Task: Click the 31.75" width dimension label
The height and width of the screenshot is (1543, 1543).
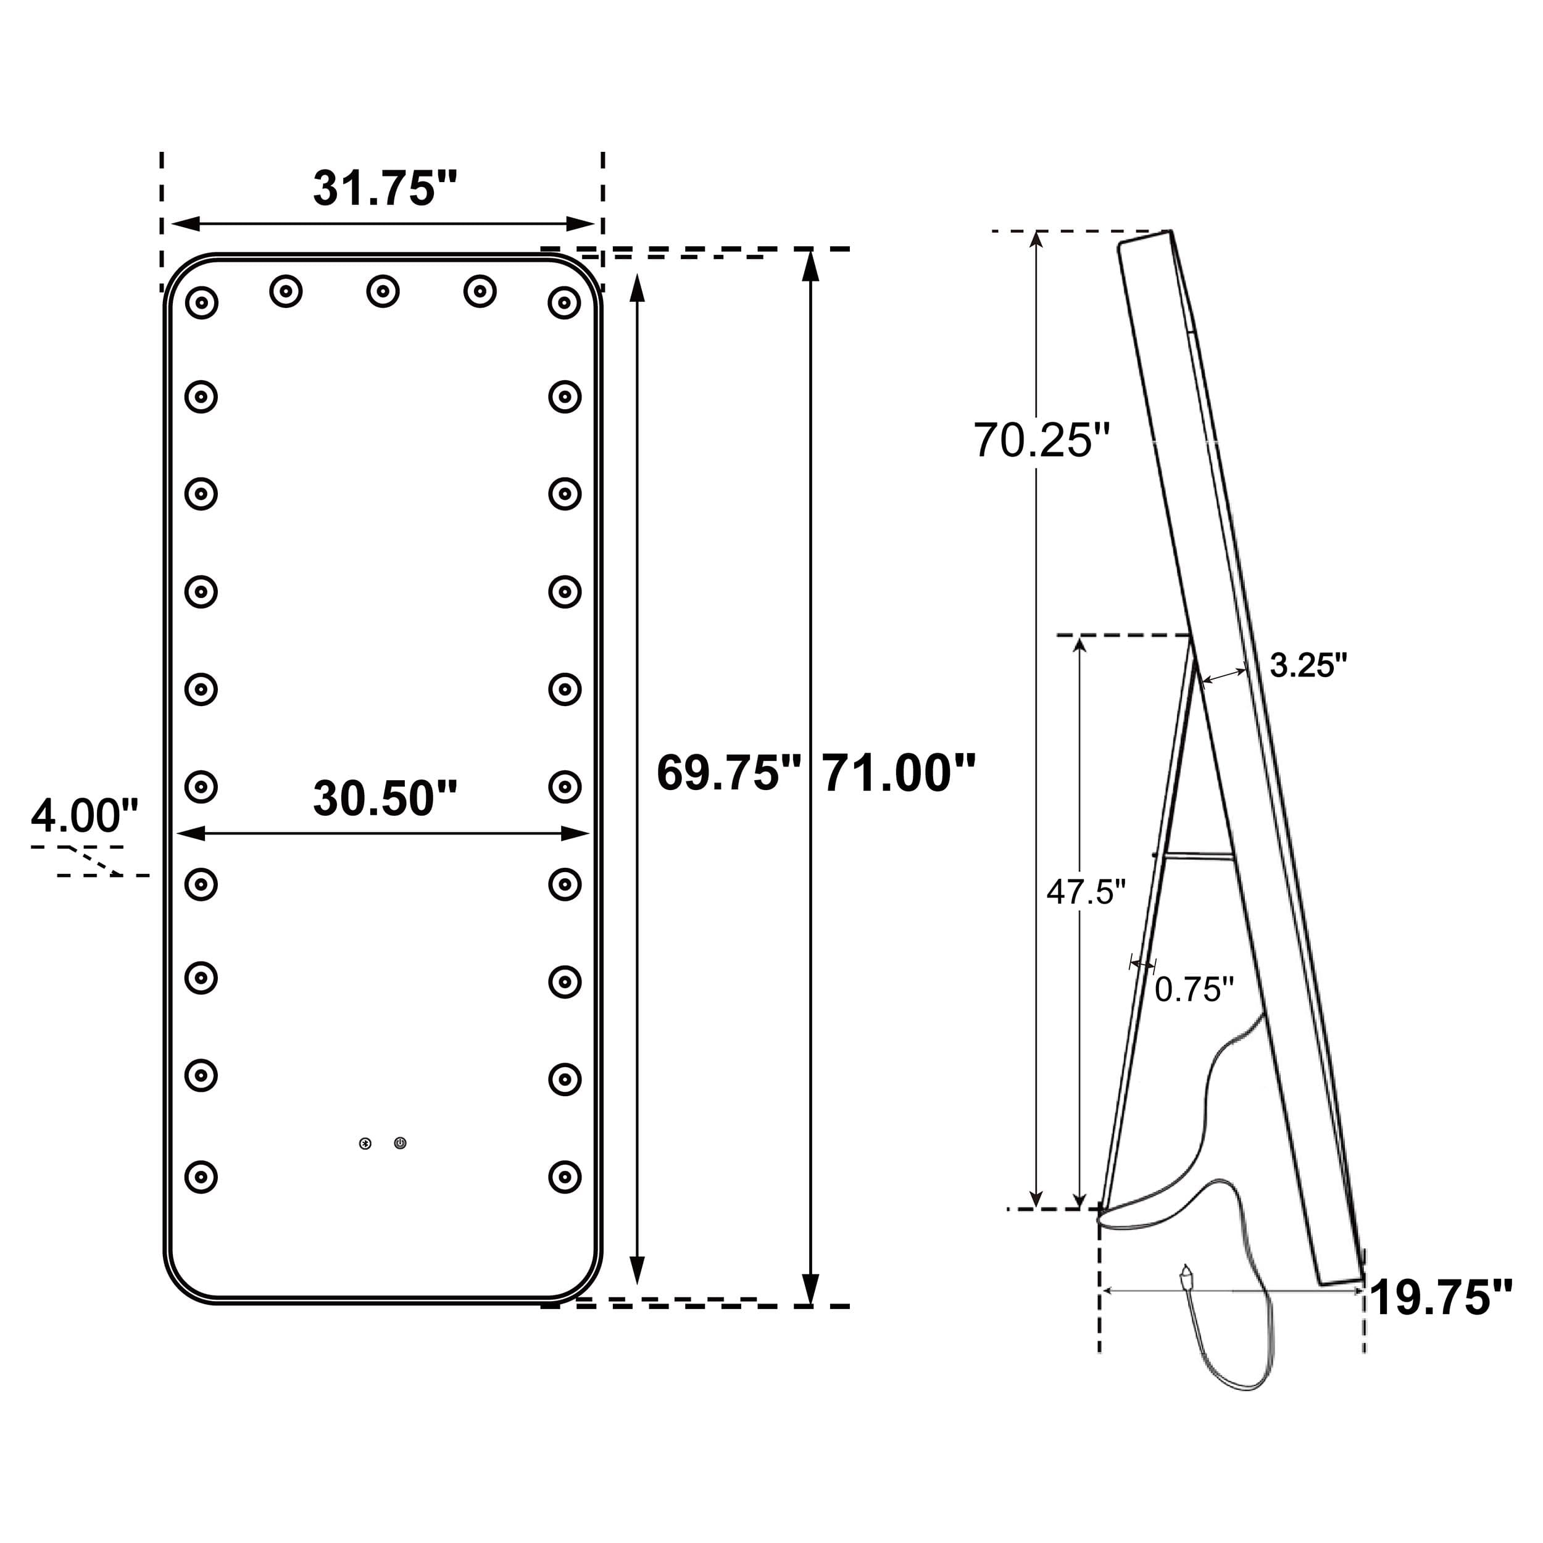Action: pyautogui.click(x=385, y=188)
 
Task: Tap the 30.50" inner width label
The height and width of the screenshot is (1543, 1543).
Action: pyautogui.click(x=385, y=798)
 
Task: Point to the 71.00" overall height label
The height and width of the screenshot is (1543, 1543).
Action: pyautogui.click(x=899, y=773)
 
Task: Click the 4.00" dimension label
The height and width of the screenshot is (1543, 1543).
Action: pyautogui.click(x=85, y=815)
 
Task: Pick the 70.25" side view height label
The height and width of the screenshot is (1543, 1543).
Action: pyautogui.click(x=1041, y=440)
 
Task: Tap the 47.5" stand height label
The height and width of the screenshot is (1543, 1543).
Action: pyautogui.click(x=1086, y=891)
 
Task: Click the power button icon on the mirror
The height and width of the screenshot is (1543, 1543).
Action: pyautogui.click(x=400, y=1144)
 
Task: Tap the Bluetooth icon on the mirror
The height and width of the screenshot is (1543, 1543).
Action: pyautogui.click(x=365, y=1144)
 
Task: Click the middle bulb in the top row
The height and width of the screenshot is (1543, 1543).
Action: pyautogui.click(x=383, y=291)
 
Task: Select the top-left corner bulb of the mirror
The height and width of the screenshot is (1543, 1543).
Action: pyautogui.click(x=201, y=302)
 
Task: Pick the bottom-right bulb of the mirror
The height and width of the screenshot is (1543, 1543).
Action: pyautogui.click(x=565, y=1176)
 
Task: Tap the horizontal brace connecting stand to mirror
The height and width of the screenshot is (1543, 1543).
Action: pyautogui.click(x=1198, y=856)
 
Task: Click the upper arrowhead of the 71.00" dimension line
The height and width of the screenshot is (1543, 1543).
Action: pyautogui.click(x=810, y=265)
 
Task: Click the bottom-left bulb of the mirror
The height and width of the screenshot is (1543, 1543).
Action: pyautogui.click(x=201, y=1176)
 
